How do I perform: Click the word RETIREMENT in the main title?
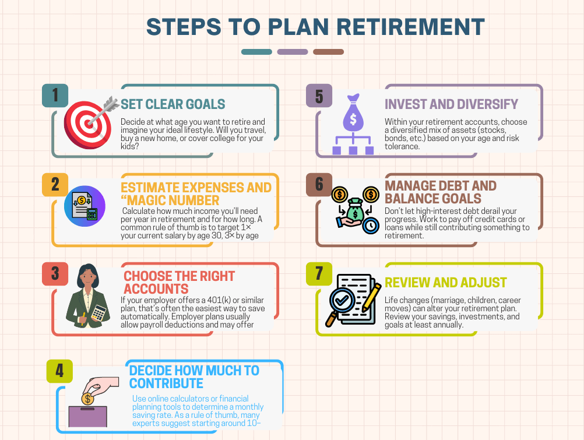(x=411, y=27)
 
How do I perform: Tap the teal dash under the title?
(x=256, y=52)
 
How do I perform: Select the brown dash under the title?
(x=328, y=52)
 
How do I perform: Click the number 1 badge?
(x=55, y=96)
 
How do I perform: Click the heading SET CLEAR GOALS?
(x=173, y=104)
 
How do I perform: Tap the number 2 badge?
(x=55, y=184)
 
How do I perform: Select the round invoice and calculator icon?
(x=85, y=206)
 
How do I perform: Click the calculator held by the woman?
(x=98, y=313)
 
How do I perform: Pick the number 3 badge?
(x=55, y=273)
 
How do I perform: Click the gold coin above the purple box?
(x=87, y=399)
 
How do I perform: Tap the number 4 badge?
(x=59, y=371)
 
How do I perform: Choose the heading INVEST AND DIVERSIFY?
(x=451, y=104)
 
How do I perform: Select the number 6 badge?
(x=319, y=184)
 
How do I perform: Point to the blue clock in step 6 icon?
(x=370, y=226)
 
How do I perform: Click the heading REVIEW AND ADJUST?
(x=445, y=283)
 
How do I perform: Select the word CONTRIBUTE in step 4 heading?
(x=166, y=383)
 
